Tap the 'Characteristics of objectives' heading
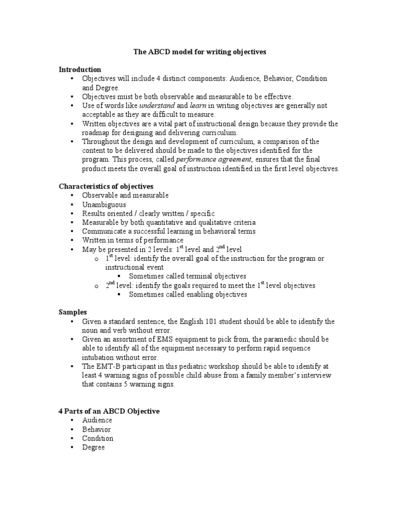(105, 186)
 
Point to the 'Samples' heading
(72, 312)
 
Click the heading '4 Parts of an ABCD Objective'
(109, 411)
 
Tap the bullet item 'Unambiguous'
(104, 205)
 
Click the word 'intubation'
(99, 358)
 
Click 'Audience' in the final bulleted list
(97, 420)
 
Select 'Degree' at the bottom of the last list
(94, 447)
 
